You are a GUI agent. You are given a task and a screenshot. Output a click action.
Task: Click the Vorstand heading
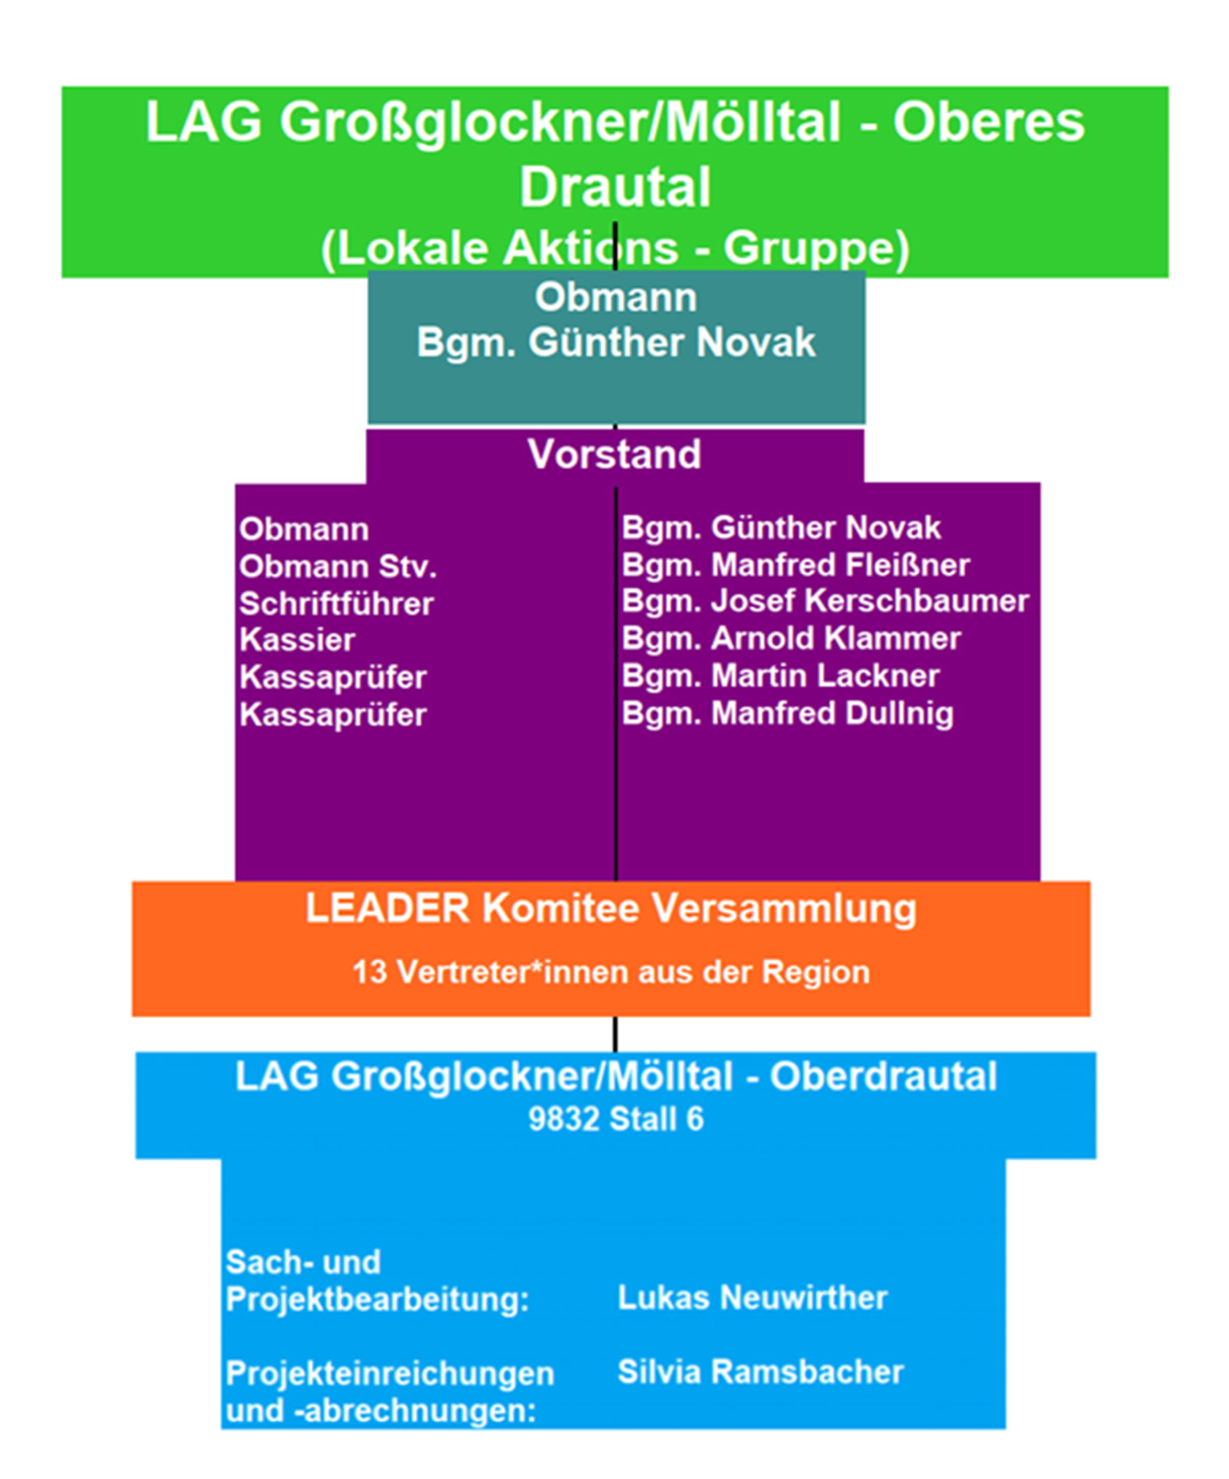point(615,454)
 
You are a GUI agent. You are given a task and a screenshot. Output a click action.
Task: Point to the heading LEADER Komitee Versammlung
point(611,909)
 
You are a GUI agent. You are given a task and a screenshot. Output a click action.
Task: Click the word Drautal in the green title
point(615,187)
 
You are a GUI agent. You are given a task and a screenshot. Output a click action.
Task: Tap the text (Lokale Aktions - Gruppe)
point(615,248)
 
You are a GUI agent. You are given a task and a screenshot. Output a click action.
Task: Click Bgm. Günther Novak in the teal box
point(616,343)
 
